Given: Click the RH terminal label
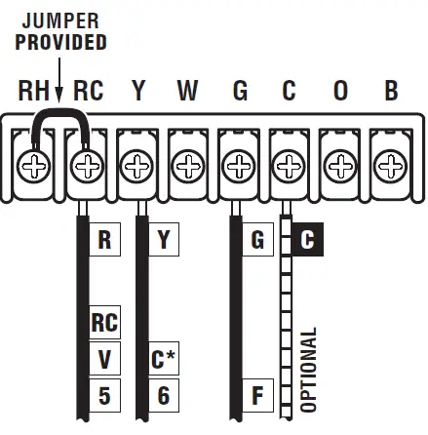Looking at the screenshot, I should (35, 92).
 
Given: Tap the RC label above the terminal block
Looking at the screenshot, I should (88, 92).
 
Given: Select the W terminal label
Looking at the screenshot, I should (188, 92).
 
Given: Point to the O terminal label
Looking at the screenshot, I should (340, 92).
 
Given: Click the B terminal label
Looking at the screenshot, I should (391, 92).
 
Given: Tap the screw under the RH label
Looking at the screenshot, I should (37, 167).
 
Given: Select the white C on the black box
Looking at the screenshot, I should (307, 240).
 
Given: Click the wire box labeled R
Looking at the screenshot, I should (104, 240).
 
